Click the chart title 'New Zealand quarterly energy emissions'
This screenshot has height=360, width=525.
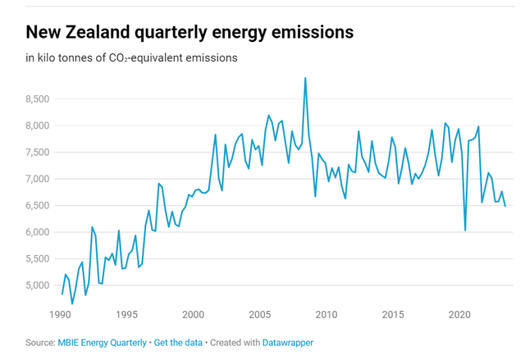pos(189,32)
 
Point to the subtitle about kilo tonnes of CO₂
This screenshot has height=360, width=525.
pos(131,58)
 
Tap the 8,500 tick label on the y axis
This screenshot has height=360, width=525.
pos(38,99)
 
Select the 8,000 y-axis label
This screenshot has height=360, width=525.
pos(38,125)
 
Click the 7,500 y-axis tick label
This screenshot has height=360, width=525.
pos(38,153)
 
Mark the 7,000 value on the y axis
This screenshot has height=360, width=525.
pos(38,179)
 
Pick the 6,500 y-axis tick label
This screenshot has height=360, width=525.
pos(38,206)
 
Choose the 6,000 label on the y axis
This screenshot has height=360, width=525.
pos(38,232)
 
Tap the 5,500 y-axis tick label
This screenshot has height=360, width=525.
pos(38,259)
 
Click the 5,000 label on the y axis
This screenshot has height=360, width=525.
pos(38,285)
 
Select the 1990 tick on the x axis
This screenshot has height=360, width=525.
pos(60,315)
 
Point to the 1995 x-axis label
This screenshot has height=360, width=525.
pos(126,315)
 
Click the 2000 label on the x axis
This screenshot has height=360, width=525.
pos(193,315)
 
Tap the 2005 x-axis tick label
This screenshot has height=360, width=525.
pos(259,315)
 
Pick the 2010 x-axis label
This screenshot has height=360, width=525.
pos(326,315)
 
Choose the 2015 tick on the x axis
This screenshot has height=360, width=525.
pos(393,315)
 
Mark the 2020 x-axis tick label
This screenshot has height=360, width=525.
pos(459,315)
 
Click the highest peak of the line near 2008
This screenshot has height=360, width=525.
pos(305,79)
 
